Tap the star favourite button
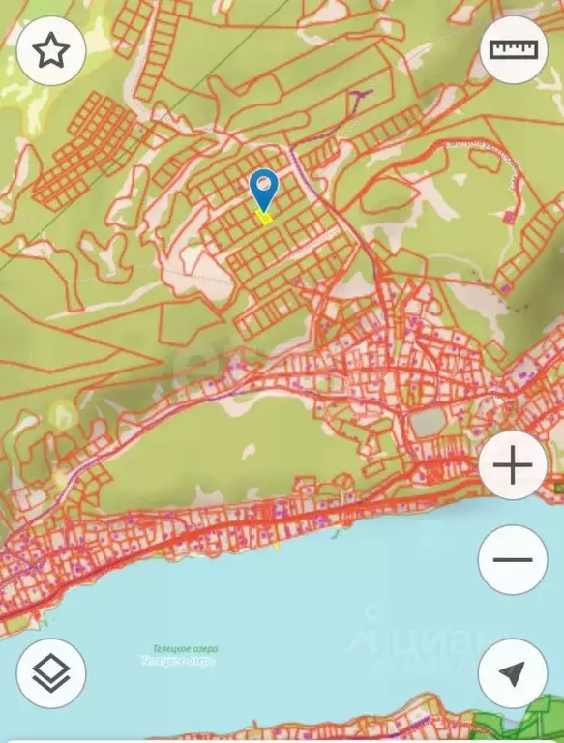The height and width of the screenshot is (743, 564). pos(51,51)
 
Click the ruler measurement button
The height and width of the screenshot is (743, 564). pos(513,50)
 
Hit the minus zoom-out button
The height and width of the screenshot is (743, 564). pos(513,560)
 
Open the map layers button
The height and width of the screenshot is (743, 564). pos(51,674)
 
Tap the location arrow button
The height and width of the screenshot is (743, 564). pos(513,674)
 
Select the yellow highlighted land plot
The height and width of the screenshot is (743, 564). pos(263,216)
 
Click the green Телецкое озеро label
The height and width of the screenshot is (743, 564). pos(185,649)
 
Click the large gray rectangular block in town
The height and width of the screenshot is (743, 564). pos(429,421)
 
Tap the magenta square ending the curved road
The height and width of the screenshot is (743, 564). pos(509,218)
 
